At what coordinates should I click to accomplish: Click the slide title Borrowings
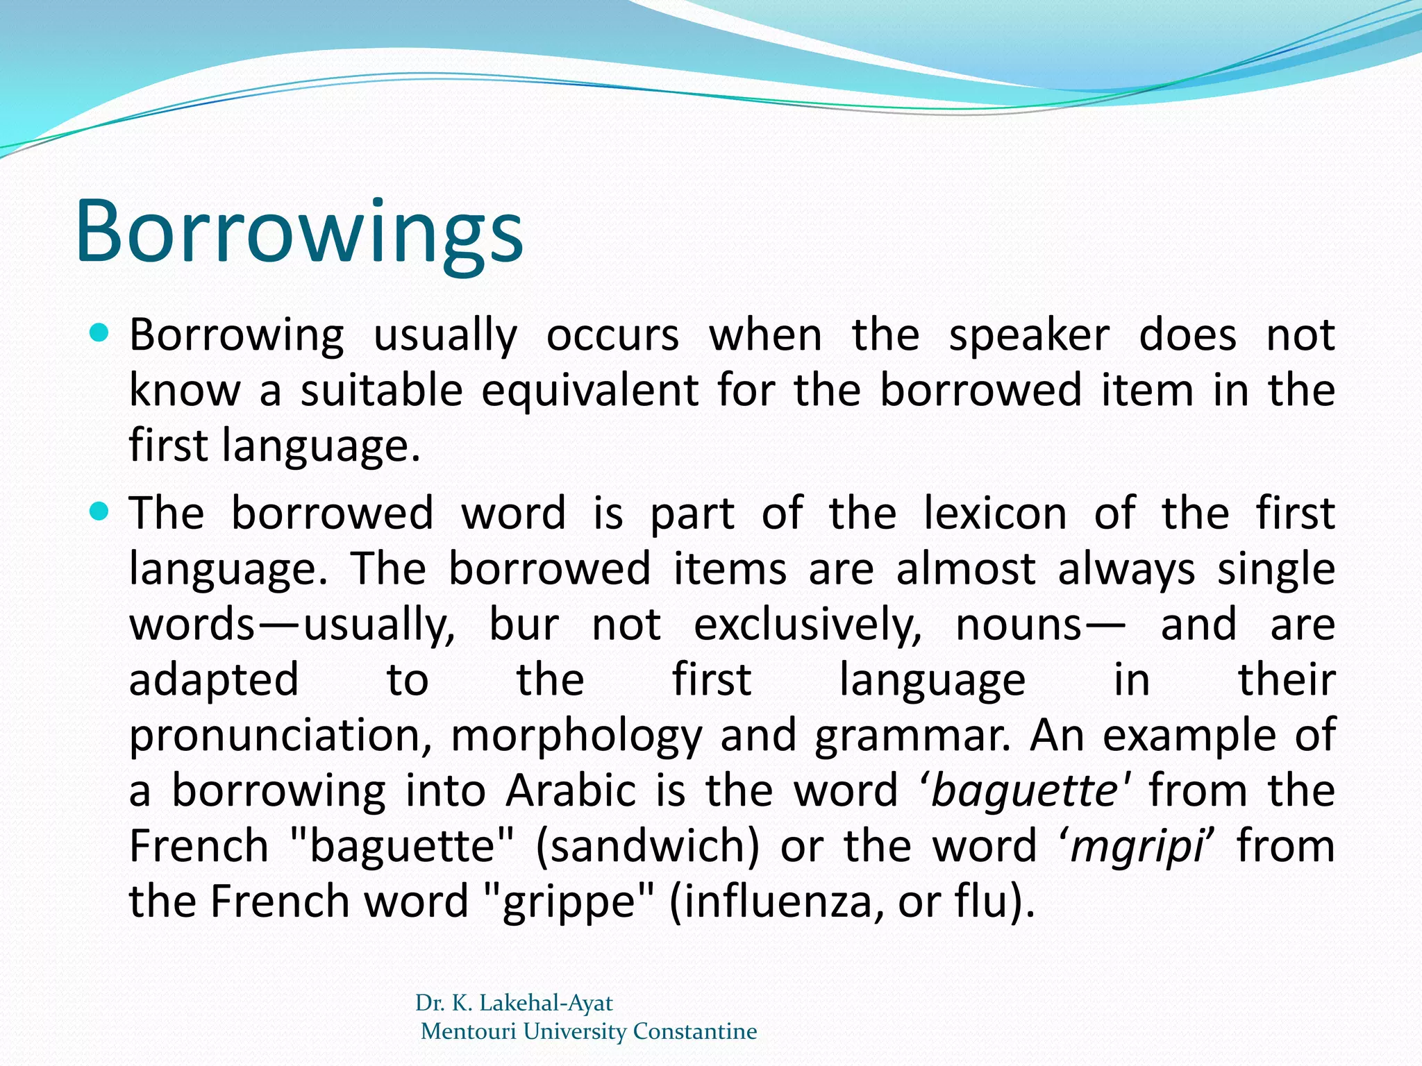click(299, 232)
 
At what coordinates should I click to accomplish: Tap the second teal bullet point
click(100, 512)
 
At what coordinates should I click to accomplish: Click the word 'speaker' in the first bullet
click(1029, 337)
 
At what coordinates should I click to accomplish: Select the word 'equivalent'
click(589, 390)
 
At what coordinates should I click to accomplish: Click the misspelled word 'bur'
click(524, 625)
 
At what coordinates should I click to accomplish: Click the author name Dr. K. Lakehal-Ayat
click(514, 1003)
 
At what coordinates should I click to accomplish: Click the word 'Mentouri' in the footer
click(469, 1031)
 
